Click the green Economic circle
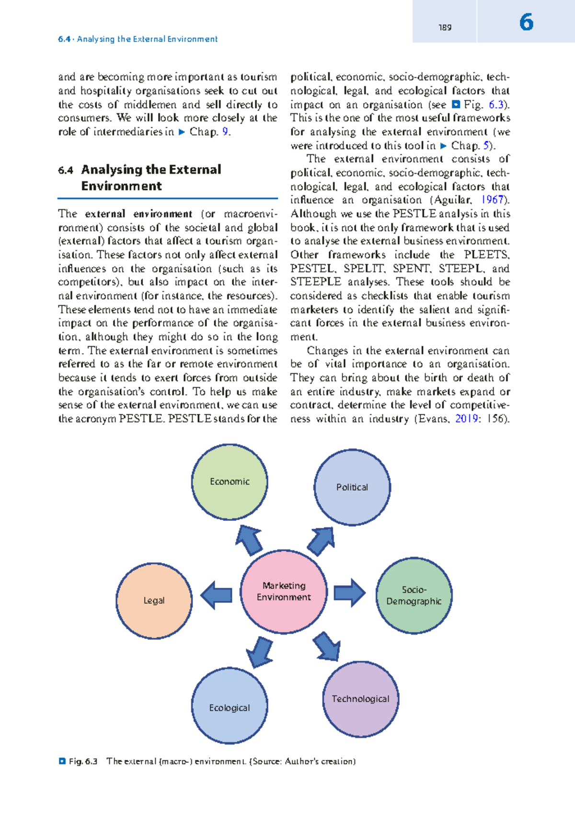[230, 482]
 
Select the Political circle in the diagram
[352, 487]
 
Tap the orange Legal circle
[154, 601]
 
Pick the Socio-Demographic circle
[414, 595]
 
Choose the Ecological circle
[230, 707]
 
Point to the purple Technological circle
[361, 699]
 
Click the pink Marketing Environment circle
[284, 592]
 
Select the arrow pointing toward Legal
[216, 595]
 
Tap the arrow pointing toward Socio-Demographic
[349, 593]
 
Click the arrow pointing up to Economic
[249, 540]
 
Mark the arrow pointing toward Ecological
[260, 652]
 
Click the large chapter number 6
[526, 23]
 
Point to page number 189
[445, 28]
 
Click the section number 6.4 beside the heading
[65, 171]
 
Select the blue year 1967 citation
[492, 200]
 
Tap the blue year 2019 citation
[466, 419]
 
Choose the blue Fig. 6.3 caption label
[83, 761]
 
